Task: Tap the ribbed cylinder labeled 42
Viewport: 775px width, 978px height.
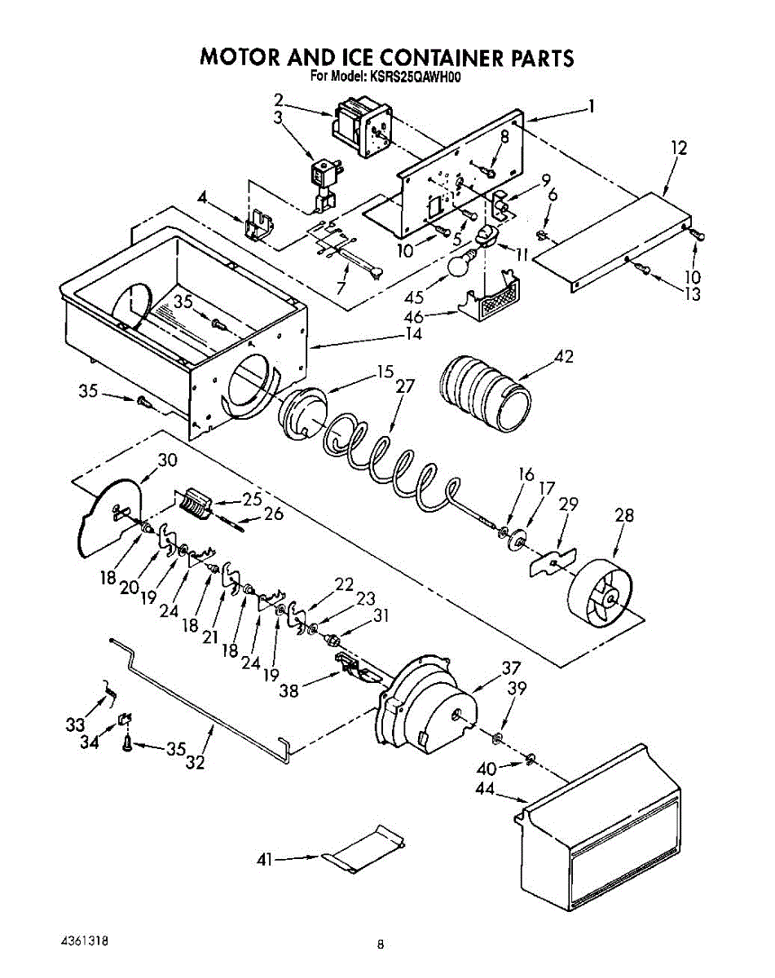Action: click(485, 391)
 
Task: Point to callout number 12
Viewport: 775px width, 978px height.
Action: click(679, 148)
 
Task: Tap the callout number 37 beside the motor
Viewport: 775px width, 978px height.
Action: click(511, 667)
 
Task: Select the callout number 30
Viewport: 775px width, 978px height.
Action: click(167, 460)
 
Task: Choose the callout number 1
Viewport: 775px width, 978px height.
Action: click(591, 106)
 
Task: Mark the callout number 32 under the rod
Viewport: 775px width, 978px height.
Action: click(196, 763)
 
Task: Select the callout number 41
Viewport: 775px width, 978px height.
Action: click(265, 858)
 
